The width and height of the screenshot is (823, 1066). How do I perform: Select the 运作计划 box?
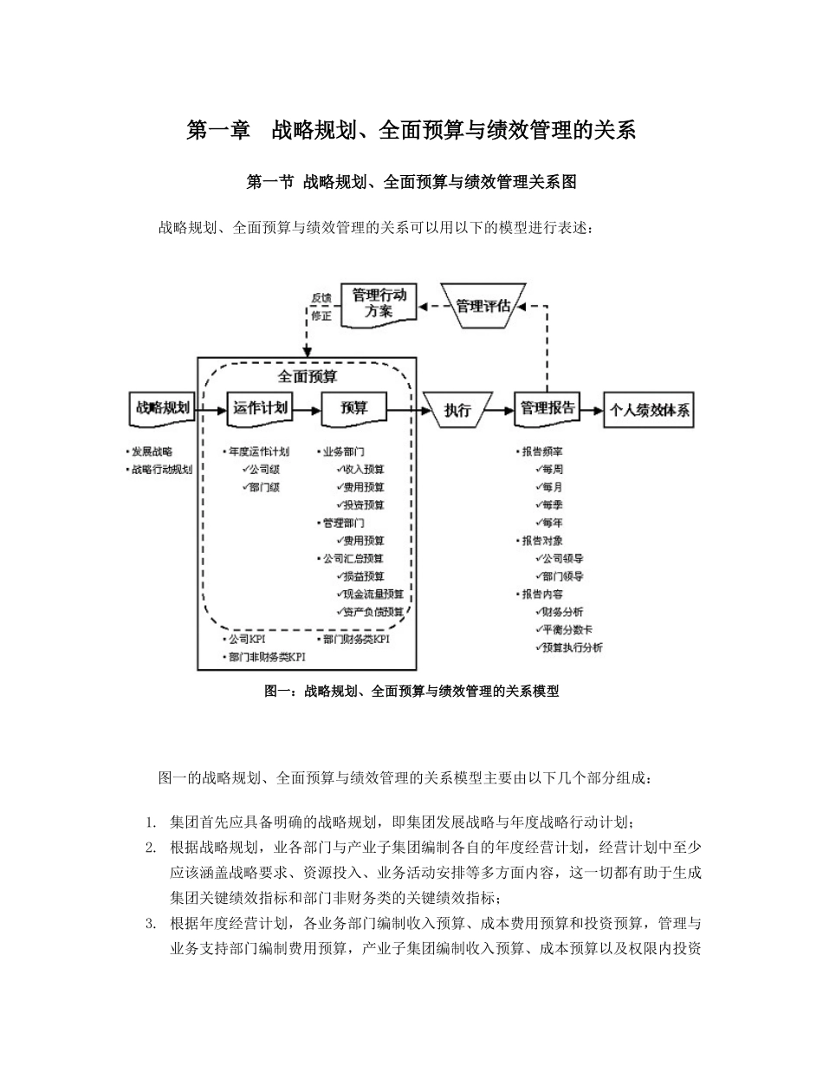click(x=260, y=408)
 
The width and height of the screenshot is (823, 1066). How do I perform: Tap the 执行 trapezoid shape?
click(x=457, y=410)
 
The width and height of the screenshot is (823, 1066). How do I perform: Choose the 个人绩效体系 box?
click(x=651, y=410)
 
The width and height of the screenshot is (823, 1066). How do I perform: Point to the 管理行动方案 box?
click(x=379, y=303)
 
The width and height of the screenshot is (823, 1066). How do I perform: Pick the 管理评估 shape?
click(x=488, y=305)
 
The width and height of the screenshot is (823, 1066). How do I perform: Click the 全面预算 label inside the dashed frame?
click(x=308, y=377)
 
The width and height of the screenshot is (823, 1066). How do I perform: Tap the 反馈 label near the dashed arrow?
click(x=321, y=297)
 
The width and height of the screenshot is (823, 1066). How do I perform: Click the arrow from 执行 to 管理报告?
click(x=502, y=410)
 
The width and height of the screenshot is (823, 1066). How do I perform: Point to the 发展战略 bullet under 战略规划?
click(x=151, y=452)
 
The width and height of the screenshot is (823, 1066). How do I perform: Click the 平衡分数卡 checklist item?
click(x=568, y=629)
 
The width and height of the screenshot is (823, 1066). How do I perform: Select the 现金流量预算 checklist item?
click(x=373, y=594)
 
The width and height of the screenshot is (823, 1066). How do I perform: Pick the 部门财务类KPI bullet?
click(x=354, y=639)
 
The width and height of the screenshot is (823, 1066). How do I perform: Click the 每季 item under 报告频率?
click(x=551, y=504)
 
